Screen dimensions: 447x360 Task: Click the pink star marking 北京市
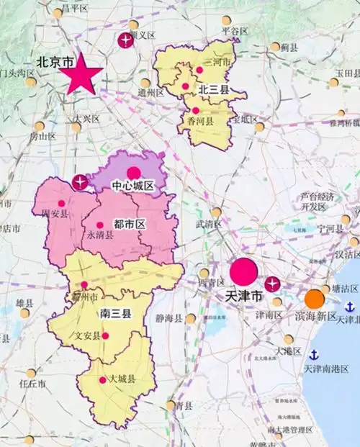(80, 74)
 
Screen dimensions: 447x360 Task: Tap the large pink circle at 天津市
(243, 271)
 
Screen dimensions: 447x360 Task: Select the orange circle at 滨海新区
(314, 299)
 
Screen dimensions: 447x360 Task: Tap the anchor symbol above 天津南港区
(315, 353)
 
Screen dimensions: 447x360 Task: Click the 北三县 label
(214, 90)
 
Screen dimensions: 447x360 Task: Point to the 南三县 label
(115, 313)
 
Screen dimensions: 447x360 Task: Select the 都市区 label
(130, 225)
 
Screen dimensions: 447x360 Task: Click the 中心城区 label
(133, 186)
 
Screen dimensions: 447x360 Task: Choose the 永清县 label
(100, 235)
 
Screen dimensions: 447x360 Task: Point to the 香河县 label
(201, 122)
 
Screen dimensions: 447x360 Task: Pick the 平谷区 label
(235, 31)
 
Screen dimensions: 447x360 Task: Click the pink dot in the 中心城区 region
(133, 173)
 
